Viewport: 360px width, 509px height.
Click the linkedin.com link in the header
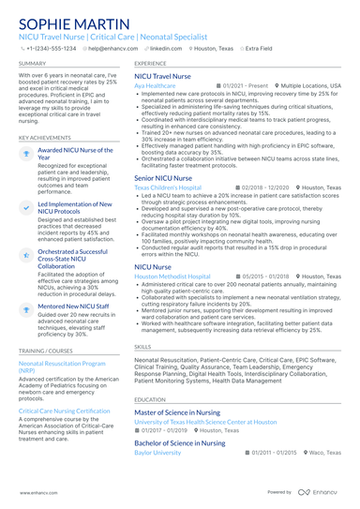click(166, 47)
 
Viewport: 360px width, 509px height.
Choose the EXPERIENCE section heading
click(150, 63)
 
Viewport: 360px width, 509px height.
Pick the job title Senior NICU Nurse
click(164, 177)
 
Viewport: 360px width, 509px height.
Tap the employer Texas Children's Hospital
click(168, 187)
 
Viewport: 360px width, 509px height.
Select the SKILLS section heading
click(142, 346)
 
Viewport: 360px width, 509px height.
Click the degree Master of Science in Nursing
click(177, 412)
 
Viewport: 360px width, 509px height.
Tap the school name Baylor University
click(157, 452)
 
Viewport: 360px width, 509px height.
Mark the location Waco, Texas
click(324, 452)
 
